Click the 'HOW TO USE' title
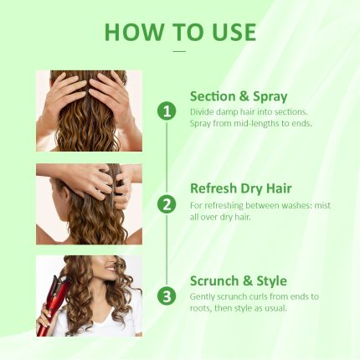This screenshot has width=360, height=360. coord(180,32)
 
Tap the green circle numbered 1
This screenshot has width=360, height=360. coord(167,111)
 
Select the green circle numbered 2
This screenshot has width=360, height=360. coord(167,203)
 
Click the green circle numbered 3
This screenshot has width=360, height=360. coord(167,296)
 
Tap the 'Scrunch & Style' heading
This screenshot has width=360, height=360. coord(238,280)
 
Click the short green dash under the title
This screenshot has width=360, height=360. coord(179,51)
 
